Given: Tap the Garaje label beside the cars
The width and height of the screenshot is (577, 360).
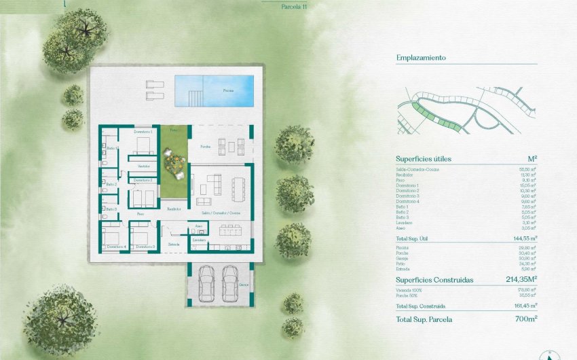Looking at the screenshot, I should pos(243,285).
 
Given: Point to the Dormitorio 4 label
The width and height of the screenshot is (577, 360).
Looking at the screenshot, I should pos(117,246).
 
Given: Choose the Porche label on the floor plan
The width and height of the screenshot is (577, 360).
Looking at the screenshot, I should pos(205,147).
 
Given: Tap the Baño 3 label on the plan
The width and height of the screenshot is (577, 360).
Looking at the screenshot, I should pos(111,209).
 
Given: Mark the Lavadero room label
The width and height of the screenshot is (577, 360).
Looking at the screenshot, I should pos(199,240).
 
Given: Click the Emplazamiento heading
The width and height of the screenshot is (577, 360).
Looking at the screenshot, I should pos(421,58).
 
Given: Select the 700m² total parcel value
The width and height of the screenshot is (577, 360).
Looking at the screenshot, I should pos(525,319).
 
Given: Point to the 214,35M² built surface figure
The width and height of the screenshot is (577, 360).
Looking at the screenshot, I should pos(521,279).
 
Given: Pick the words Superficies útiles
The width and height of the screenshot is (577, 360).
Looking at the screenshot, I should pos(424,159).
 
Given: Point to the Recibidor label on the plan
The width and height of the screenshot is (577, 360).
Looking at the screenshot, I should pos(174,209).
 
